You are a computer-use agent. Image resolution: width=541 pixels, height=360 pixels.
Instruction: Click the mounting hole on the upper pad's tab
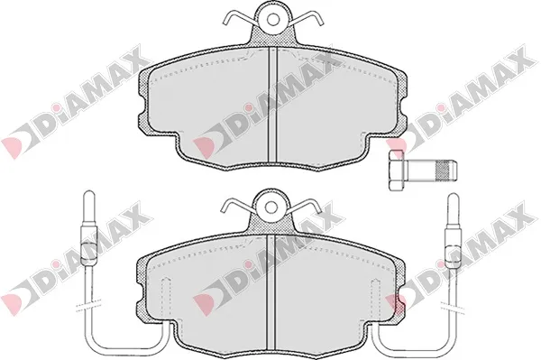coord(273,20)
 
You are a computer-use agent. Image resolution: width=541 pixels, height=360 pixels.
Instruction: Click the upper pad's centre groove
coord(272,105)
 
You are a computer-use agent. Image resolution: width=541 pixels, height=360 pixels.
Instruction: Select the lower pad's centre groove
coord(270,292)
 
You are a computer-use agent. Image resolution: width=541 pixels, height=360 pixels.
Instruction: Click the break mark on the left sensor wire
coord(88,305)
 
